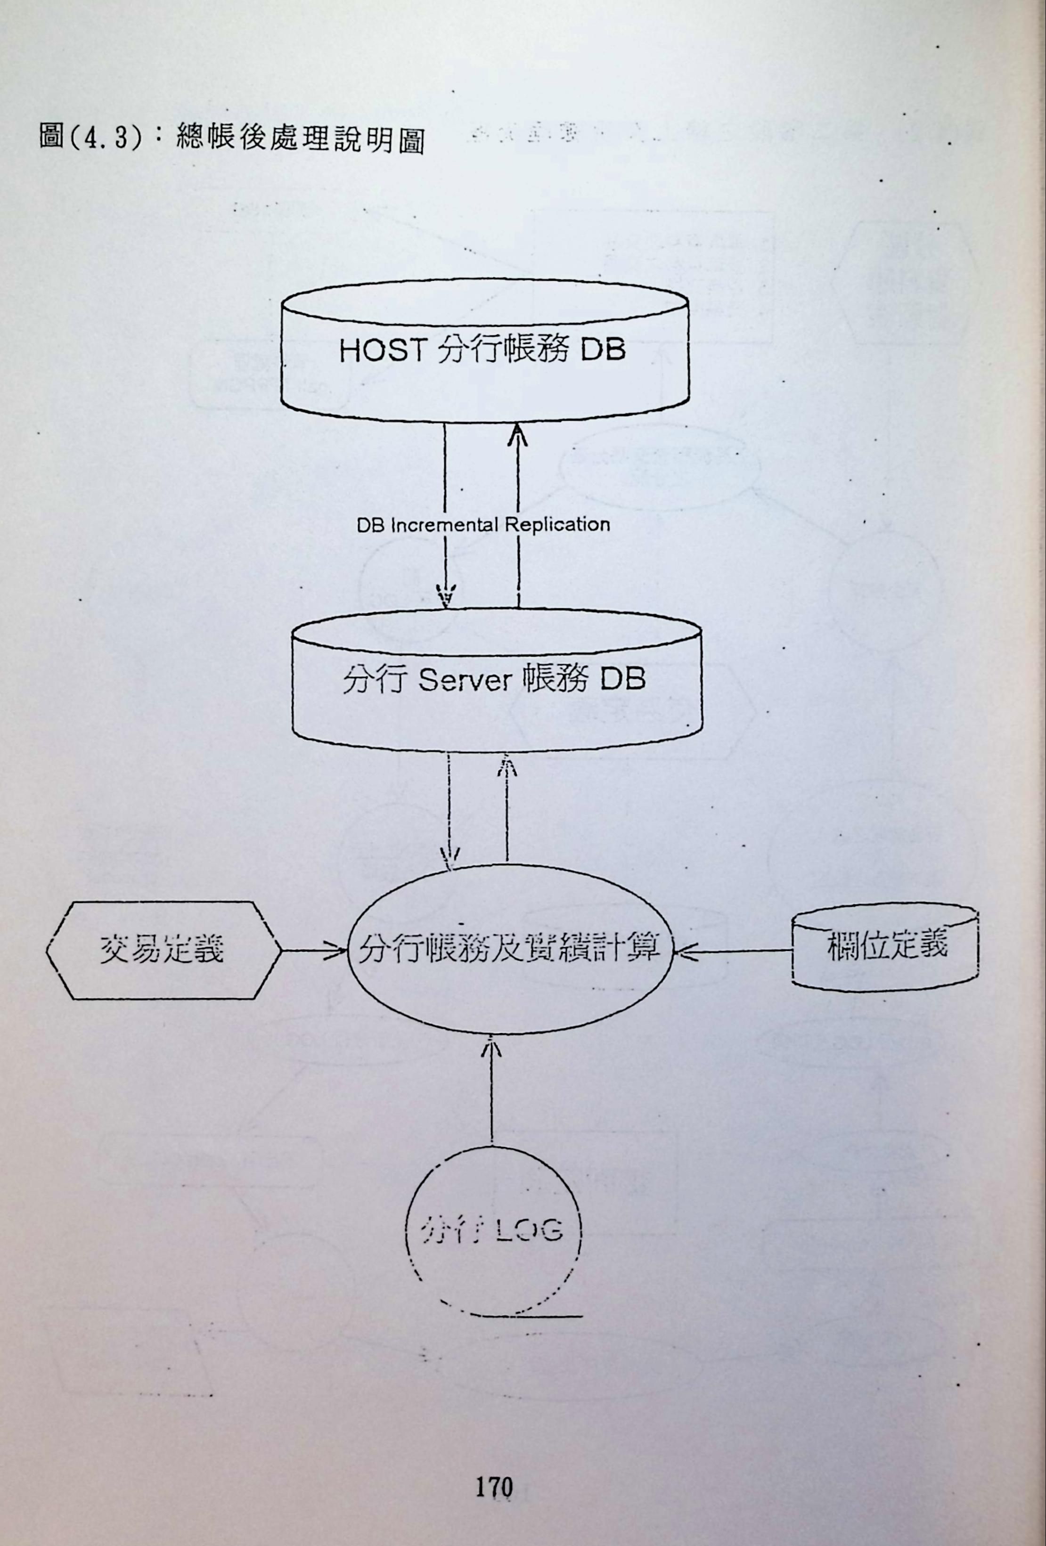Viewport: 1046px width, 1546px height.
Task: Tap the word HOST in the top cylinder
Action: (381, 350)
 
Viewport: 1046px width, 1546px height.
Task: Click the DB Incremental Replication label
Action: (483, 524)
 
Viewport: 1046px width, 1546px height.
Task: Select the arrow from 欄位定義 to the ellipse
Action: (732, 951)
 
